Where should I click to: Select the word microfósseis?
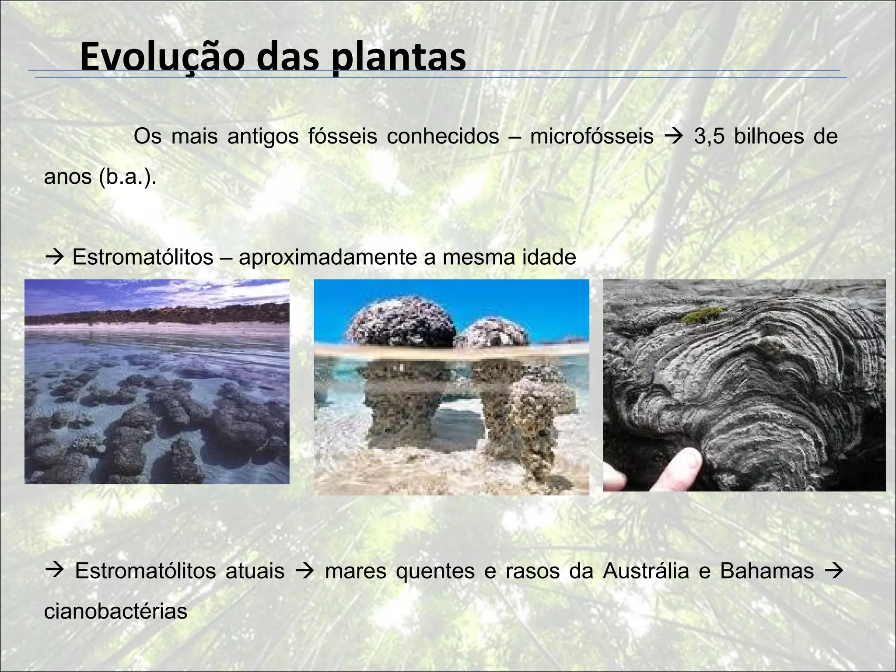click(x=591, y=136)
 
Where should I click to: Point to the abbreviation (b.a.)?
click(x=127, y=177)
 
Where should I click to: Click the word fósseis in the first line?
click(x=343, y=136)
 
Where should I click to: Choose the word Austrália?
click(x=646, y=571)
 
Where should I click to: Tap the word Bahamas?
click(x=767, y=571)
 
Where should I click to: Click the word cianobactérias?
click(x=115, y=611)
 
